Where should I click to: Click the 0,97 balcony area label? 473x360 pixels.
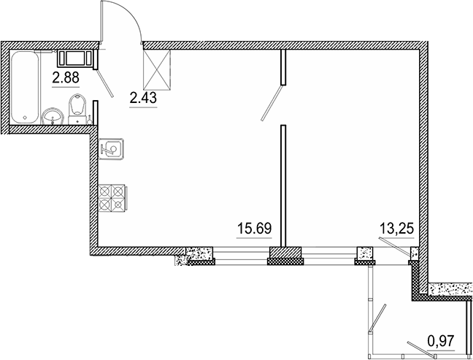439,340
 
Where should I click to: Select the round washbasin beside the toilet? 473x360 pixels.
52,115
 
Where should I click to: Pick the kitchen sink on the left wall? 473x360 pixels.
112,148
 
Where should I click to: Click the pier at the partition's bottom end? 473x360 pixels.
285,255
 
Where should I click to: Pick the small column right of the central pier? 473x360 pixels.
364,255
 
